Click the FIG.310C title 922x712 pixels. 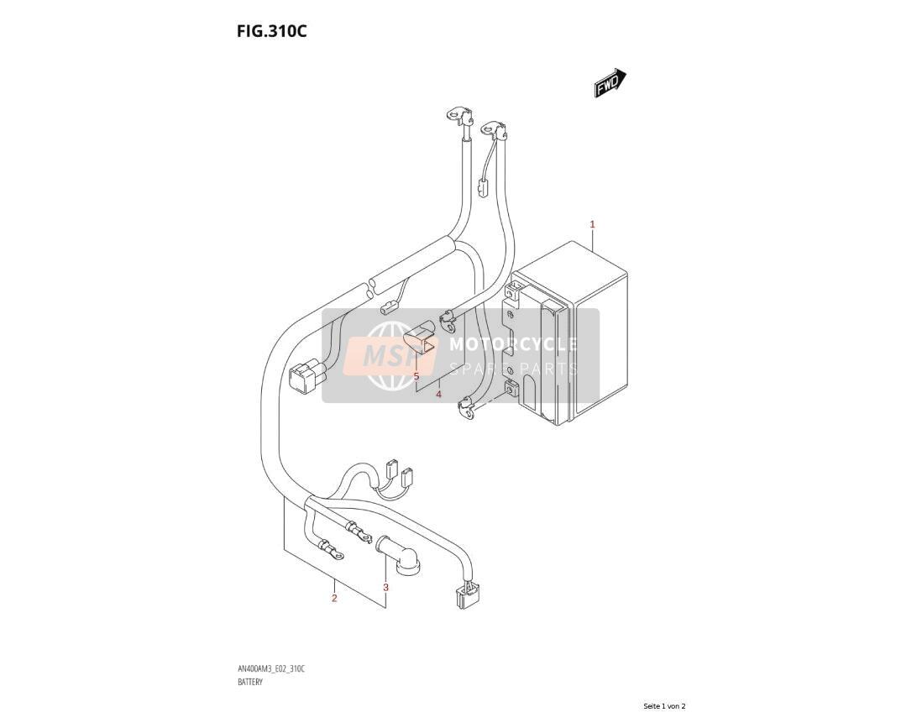click(x=272, y=31)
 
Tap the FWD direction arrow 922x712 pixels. click(x=610, y=82)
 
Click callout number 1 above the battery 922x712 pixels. click(x=593, y=224)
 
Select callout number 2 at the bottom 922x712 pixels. click(x=334, y=599)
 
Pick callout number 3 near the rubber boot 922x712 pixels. click(x=385, y=587)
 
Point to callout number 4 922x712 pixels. click(x=438, y=395)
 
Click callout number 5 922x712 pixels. click(x=416, y=375)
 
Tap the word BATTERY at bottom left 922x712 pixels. click(x=250, y=682)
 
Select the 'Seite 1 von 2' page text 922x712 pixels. click(x=664, y=705)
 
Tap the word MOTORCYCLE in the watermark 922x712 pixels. click(x=513, y=344)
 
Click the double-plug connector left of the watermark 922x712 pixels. click(x=307, y=376)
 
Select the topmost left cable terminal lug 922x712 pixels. click(x=457, y=114)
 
